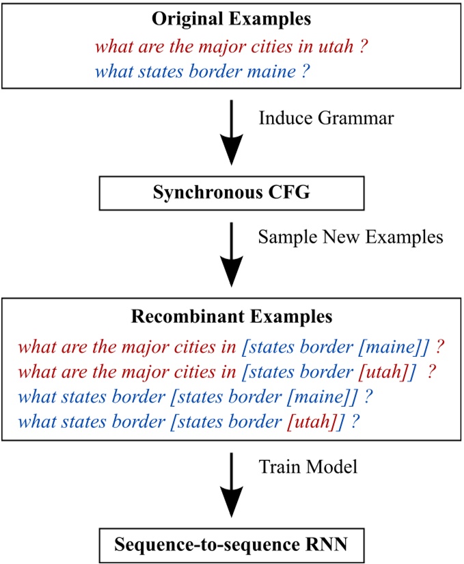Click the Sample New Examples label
pos(351,237)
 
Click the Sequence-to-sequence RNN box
pos(231,546)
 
